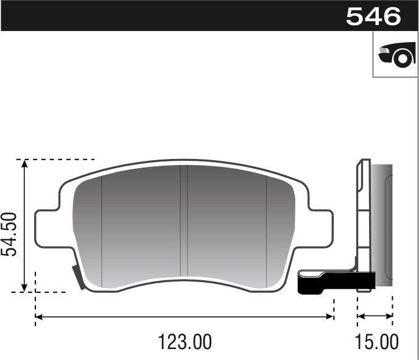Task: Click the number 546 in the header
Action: [373, 16]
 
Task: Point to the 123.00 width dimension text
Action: [185, 342]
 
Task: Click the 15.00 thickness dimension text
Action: [378, 342]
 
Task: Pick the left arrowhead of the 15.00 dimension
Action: [361, 317]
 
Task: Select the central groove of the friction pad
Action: [183, 225]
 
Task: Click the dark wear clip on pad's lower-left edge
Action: [79, 278]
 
